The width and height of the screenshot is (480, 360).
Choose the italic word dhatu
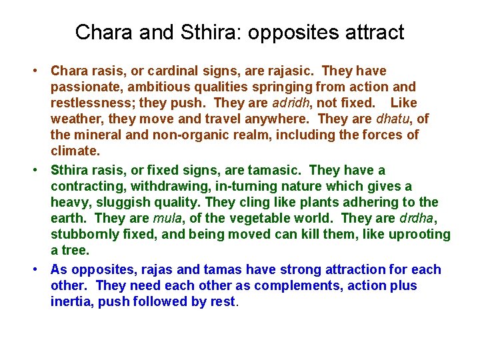coord(394,119)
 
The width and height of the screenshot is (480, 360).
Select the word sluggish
coord(117,203)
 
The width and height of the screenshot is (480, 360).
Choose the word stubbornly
coord(83,235)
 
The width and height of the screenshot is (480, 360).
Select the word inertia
coord(69,301)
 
